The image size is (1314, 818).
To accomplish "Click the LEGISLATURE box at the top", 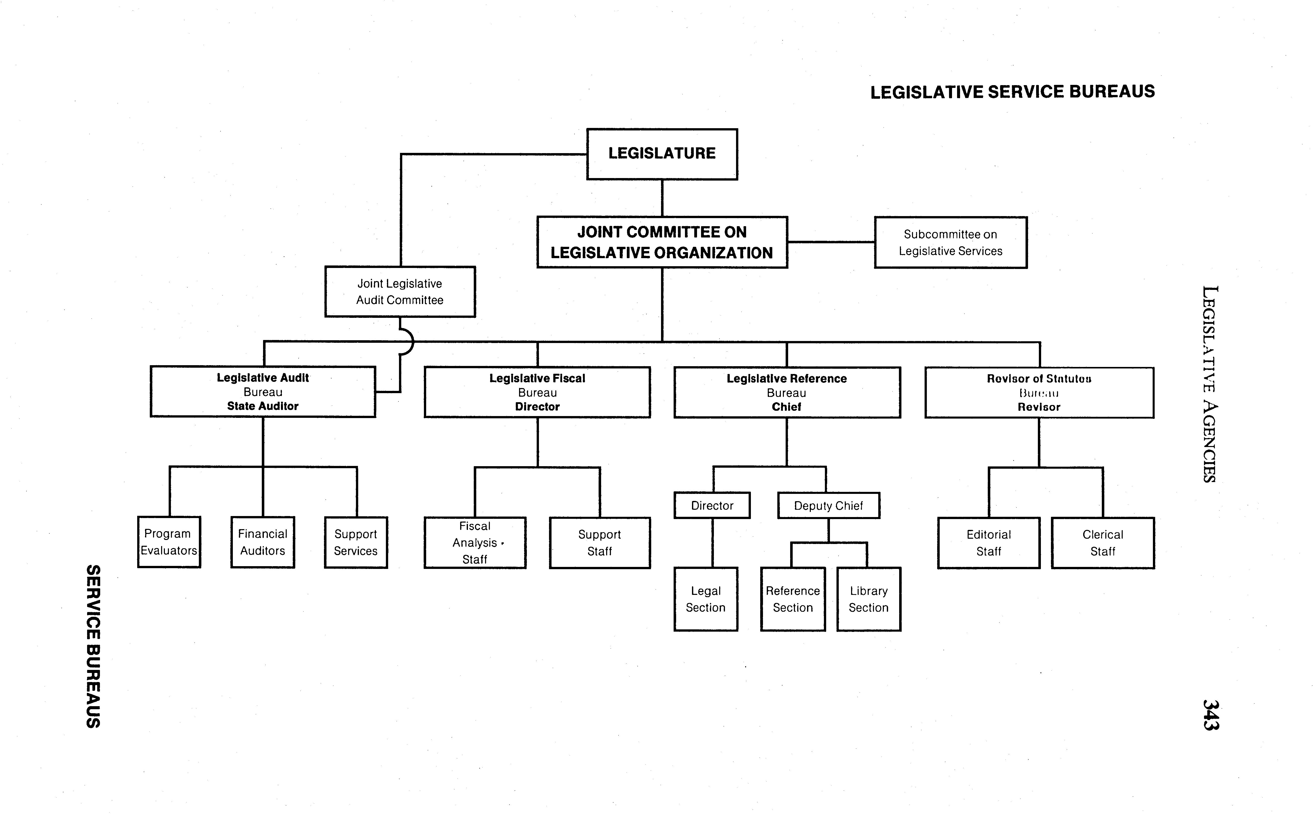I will pos(662,154).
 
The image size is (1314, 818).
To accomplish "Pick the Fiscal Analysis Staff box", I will pos(475,543).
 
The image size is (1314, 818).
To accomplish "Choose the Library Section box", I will pos(868,599).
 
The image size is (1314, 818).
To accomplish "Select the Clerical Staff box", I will pos(1103,543).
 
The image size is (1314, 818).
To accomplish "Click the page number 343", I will pos(1210,715).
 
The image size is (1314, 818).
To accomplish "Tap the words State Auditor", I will pos(263,406).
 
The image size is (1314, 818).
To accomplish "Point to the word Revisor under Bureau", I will pos(1039,407).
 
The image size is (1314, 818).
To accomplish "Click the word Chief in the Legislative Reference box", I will pos(786,407).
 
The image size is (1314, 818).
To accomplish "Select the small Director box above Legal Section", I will pos(712,505).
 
